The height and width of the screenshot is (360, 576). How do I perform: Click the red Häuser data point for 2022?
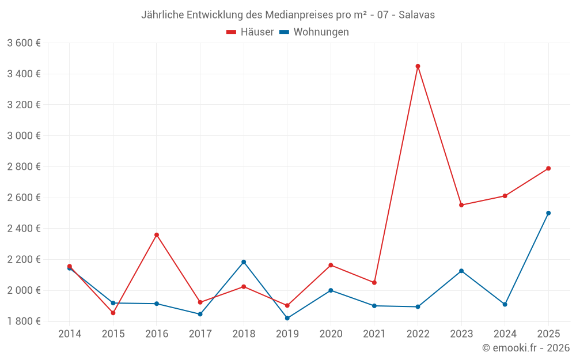(x=418, y=66)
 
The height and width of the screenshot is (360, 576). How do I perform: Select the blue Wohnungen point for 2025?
(x=548, y=213)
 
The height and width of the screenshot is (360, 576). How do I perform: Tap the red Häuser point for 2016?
(x=157, y=235)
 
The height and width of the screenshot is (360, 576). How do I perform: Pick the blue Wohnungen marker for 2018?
(x=244, y=262)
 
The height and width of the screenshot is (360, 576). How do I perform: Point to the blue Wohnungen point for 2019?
(x=287, y=318)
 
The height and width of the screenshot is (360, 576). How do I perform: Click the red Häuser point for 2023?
(x=461, y=205)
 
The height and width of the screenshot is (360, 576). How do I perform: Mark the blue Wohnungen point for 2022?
(x=418, y=306)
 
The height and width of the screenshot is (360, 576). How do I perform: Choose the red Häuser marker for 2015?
(x=113, y=313)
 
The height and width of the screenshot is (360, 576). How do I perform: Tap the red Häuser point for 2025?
(x=548, y=168)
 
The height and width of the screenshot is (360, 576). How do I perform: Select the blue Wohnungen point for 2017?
(x=200, y=314)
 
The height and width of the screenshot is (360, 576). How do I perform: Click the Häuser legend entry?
(x=250, y=32)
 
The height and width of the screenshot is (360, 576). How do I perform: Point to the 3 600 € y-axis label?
(x=24, y=43)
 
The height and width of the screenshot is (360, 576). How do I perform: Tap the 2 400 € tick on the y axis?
(x=24, y=229)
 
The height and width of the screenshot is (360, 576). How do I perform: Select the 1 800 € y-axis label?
(x=24, y=321)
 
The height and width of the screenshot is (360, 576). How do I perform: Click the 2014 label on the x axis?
(x=70, y=334)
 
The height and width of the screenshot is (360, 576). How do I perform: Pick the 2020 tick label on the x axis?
(x=331, y=334)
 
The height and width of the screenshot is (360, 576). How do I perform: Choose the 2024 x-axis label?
(x=505, y=334)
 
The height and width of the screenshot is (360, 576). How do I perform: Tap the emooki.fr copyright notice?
(x=526, y=348)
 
